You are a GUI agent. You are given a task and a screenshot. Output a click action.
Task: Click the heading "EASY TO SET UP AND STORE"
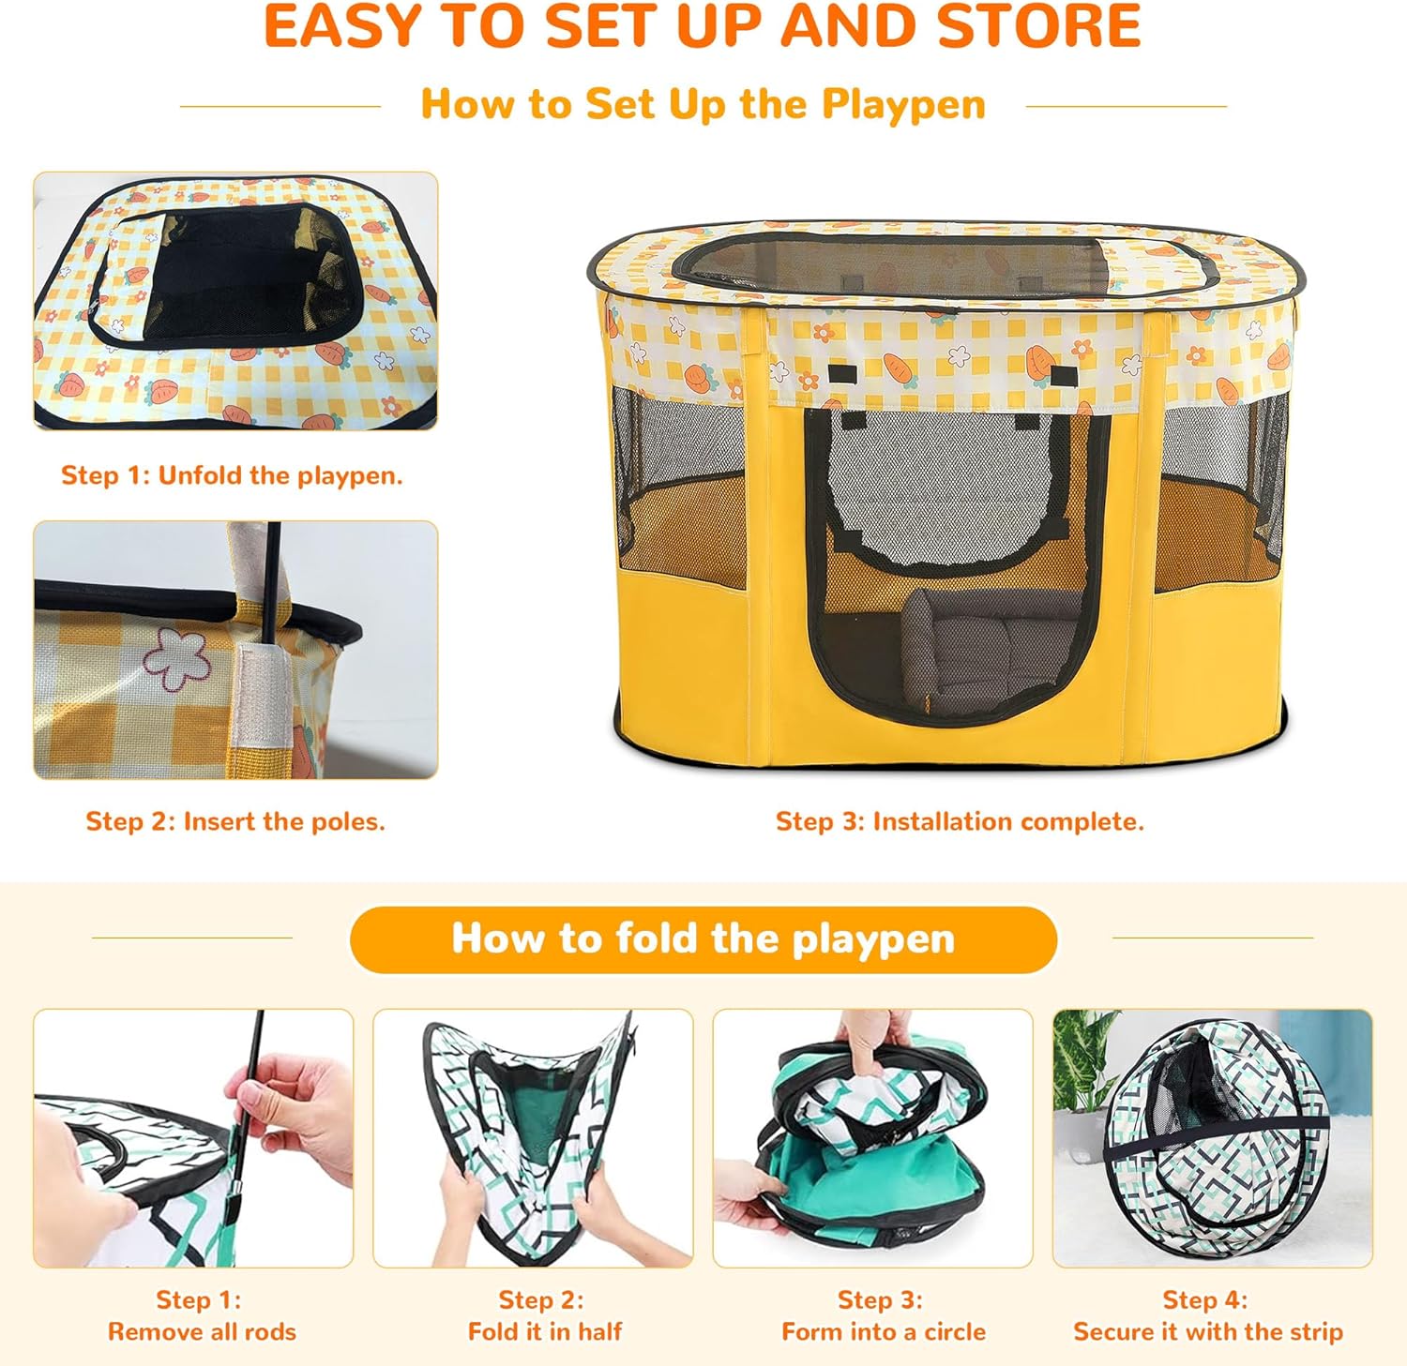[x=703, y=25]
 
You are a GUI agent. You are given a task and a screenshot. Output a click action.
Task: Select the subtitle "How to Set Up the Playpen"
[x=703, y=104]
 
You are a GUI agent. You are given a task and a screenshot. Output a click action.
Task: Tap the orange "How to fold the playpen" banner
[x=703, y=938]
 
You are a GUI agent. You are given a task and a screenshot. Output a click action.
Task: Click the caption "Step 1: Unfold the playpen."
[x=232, y=475]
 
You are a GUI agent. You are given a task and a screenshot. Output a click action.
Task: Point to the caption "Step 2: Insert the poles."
[x=235, y=821]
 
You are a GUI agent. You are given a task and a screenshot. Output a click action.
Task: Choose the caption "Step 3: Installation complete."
[x=960, y=821]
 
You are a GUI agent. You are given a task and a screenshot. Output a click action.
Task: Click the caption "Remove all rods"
[x=202, y=1331]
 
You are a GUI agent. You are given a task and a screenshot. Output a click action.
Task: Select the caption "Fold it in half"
[x=545, y=1331]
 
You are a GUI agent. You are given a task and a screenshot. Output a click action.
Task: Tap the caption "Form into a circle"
[x=884, y=1331]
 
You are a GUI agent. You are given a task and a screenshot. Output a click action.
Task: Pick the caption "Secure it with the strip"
[x=1208, y=1331]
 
